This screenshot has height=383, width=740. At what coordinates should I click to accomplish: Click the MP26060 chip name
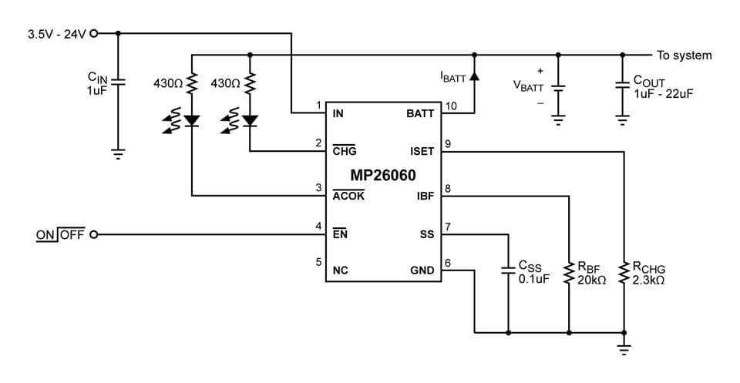coord(383,175)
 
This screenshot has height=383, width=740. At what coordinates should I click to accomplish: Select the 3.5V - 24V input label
coord(58,34)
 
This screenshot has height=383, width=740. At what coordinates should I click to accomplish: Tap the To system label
coord(684,55)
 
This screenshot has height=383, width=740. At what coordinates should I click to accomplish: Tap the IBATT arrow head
coord(473,76)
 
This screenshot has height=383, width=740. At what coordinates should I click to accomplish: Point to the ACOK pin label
coord(348,196)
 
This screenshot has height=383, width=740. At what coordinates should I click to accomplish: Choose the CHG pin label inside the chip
coord(344,152)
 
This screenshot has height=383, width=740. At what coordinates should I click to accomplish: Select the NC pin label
coord(340,270)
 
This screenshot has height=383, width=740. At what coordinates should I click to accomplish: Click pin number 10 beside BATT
coord(450,105)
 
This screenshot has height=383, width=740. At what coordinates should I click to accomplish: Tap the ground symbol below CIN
coord(117,153)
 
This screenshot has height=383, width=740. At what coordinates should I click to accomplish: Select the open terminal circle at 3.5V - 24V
coord(95,34)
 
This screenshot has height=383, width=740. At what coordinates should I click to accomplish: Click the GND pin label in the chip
coord(422,270)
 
